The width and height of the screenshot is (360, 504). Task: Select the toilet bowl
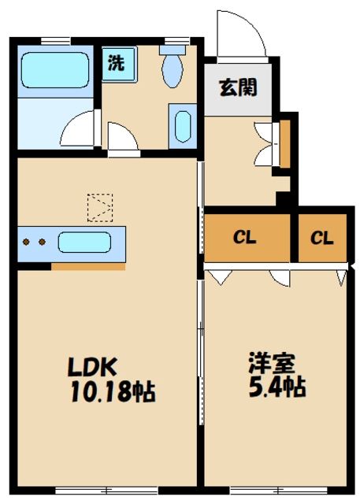172,69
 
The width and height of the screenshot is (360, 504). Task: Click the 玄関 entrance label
238,87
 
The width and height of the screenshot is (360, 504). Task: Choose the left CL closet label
243,237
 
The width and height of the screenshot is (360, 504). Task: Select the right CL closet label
321,237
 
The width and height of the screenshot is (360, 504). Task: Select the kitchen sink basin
89,242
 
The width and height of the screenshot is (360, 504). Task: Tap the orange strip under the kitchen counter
88,266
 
